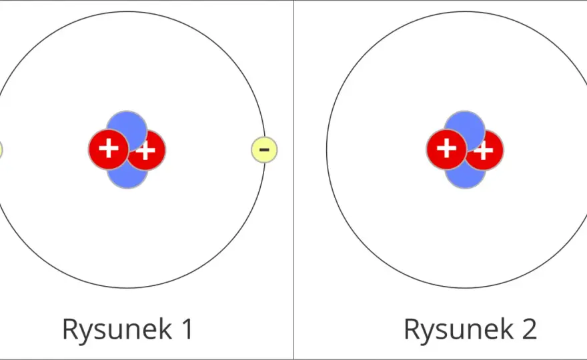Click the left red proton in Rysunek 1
(109, 149)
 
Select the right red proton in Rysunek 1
(149, 151)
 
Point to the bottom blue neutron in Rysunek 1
(127, 179)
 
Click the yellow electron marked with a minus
(264, 150)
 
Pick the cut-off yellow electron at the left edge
(1, 150)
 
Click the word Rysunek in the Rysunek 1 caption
(117, 329)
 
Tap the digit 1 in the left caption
(187, 329)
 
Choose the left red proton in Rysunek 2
(446, 149)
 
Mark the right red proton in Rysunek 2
(488, 151)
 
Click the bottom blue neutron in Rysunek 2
(465, 179)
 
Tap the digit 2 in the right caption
(529, 329)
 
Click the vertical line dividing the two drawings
(293, 180)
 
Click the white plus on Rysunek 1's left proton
(109, 148)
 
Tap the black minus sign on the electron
(264, 150)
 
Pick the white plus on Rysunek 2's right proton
(484, 151)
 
